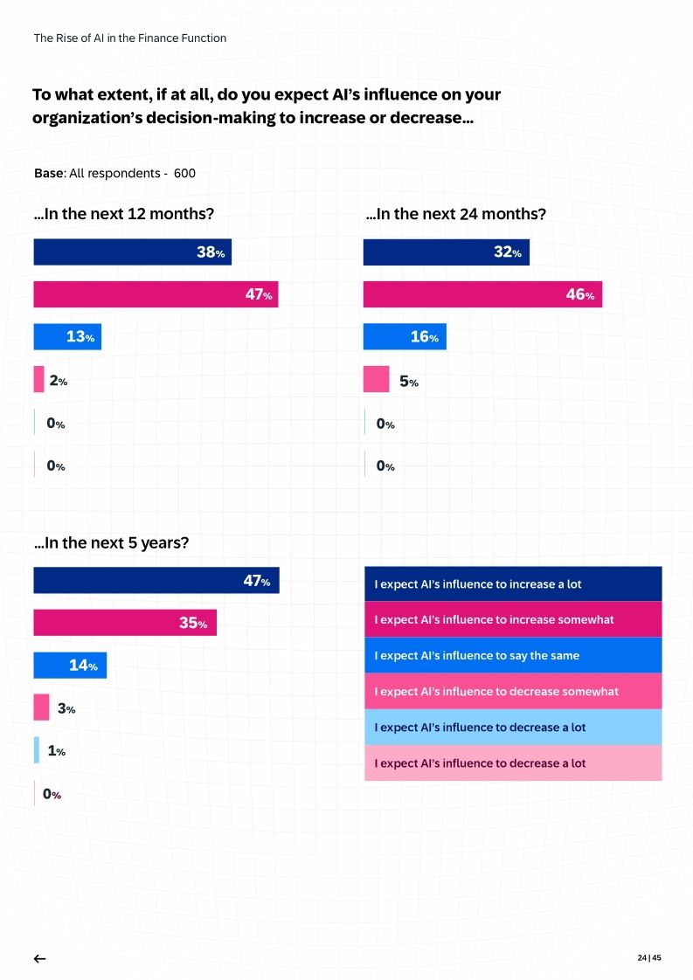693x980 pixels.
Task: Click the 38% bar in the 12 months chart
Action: coord(132,252)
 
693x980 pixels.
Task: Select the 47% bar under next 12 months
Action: coord(156,294)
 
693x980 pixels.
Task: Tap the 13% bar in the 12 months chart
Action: coord(67,337)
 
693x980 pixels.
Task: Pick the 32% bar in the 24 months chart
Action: coord(446,252)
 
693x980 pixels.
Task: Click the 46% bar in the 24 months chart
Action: coord(482,294)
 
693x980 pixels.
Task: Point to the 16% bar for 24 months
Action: coord(405,337)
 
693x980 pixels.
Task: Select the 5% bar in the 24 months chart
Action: coord(376,380)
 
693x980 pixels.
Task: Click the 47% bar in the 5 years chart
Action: coord(156,581)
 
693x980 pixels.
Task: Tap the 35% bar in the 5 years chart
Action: coord(125,623)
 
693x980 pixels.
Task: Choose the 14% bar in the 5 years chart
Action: coord(70,666)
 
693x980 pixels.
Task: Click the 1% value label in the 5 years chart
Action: coord(56,751)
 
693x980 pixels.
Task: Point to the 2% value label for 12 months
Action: coord(58,381)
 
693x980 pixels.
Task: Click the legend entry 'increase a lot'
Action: coord(512,584)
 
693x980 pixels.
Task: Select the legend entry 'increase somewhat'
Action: coord(512,619)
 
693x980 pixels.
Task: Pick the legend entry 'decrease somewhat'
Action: coord(512,691)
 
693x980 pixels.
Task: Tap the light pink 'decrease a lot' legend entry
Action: coord(512,763)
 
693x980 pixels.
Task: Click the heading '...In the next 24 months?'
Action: coord(455,214)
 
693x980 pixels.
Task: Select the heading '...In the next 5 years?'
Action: coord(111,542)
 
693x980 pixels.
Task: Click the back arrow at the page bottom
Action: coord(39,958)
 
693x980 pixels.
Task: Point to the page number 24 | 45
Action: coord(649,957)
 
